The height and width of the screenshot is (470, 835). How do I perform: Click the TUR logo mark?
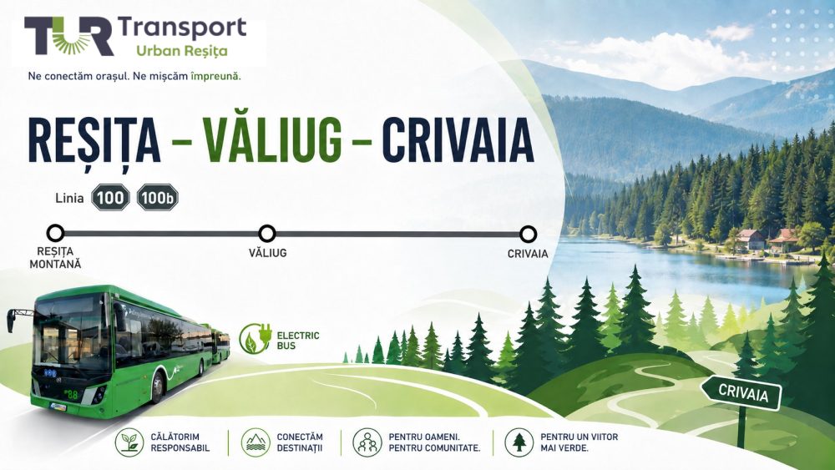pos(68,36)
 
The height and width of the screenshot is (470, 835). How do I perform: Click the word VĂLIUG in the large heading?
pos(272,140)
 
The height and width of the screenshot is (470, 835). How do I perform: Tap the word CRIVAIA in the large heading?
pos(458,140)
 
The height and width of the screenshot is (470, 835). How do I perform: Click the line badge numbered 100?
pos(110,198)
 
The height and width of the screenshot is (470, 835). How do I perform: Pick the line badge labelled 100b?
pos(158,198)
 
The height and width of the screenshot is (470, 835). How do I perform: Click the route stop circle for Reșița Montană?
pos(55,233)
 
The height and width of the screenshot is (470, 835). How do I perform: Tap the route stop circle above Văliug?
pos(267,233)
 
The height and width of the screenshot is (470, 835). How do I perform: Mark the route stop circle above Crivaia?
pos(528,234)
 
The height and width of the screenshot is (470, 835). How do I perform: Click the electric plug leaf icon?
pos(255,339)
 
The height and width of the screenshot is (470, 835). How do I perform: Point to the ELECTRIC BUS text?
pos(298,340)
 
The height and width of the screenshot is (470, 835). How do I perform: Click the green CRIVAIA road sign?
pos(741,394)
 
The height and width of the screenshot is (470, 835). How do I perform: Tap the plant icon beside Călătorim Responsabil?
pos(129,442)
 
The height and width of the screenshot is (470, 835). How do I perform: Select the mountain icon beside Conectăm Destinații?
pos(256,442)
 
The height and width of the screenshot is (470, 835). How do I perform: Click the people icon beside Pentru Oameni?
pos(367,442)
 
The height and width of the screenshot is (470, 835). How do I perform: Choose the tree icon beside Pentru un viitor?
pos(519,442)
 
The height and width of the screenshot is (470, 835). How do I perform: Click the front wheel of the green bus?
pos(158,387)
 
